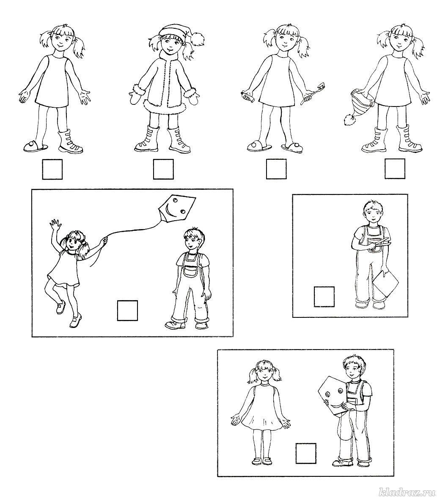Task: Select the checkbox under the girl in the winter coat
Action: tap(163, 169)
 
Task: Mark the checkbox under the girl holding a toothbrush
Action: tap(276, 169)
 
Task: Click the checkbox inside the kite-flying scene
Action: tap(127, 310)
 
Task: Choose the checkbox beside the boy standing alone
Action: tap(324, 297)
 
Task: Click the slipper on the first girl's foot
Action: tap(36, 146)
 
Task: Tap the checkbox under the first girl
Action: tap(52, 169)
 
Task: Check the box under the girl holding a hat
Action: tap(395, 169)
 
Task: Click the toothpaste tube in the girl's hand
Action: tap(247, 96)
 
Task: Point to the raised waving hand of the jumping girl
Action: tap(54, 224)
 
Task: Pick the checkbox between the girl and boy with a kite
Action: tap(306, 453)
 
